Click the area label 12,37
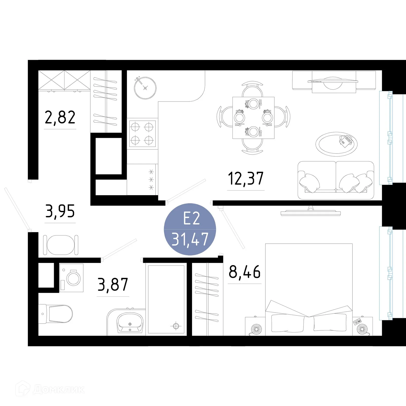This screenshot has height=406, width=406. pos(246,178)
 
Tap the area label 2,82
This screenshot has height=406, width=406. pos(60,117)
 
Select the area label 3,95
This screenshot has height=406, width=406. pos(60,211)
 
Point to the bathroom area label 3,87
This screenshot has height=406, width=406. pos(113,285)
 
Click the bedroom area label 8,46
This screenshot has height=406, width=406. pos(245,272)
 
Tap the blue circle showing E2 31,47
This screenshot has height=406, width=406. pos(190,229)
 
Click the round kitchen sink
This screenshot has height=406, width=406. pos(145,88)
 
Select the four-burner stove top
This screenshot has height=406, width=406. pos(142,133)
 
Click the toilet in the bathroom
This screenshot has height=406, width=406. pos(57,314)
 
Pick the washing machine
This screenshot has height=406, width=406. pos(72,278)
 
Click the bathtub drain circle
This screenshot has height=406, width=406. pos(176,326)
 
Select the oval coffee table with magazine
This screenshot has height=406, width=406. pos(336,144)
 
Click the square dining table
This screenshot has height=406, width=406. pos(253,117)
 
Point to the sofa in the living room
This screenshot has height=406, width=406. pos(336,180)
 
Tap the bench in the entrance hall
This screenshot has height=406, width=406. pos(61,245)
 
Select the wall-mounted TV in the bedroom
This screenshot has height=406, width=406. pos(311,213)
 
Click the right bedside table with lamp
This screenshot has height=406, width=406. pos(362,326)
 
